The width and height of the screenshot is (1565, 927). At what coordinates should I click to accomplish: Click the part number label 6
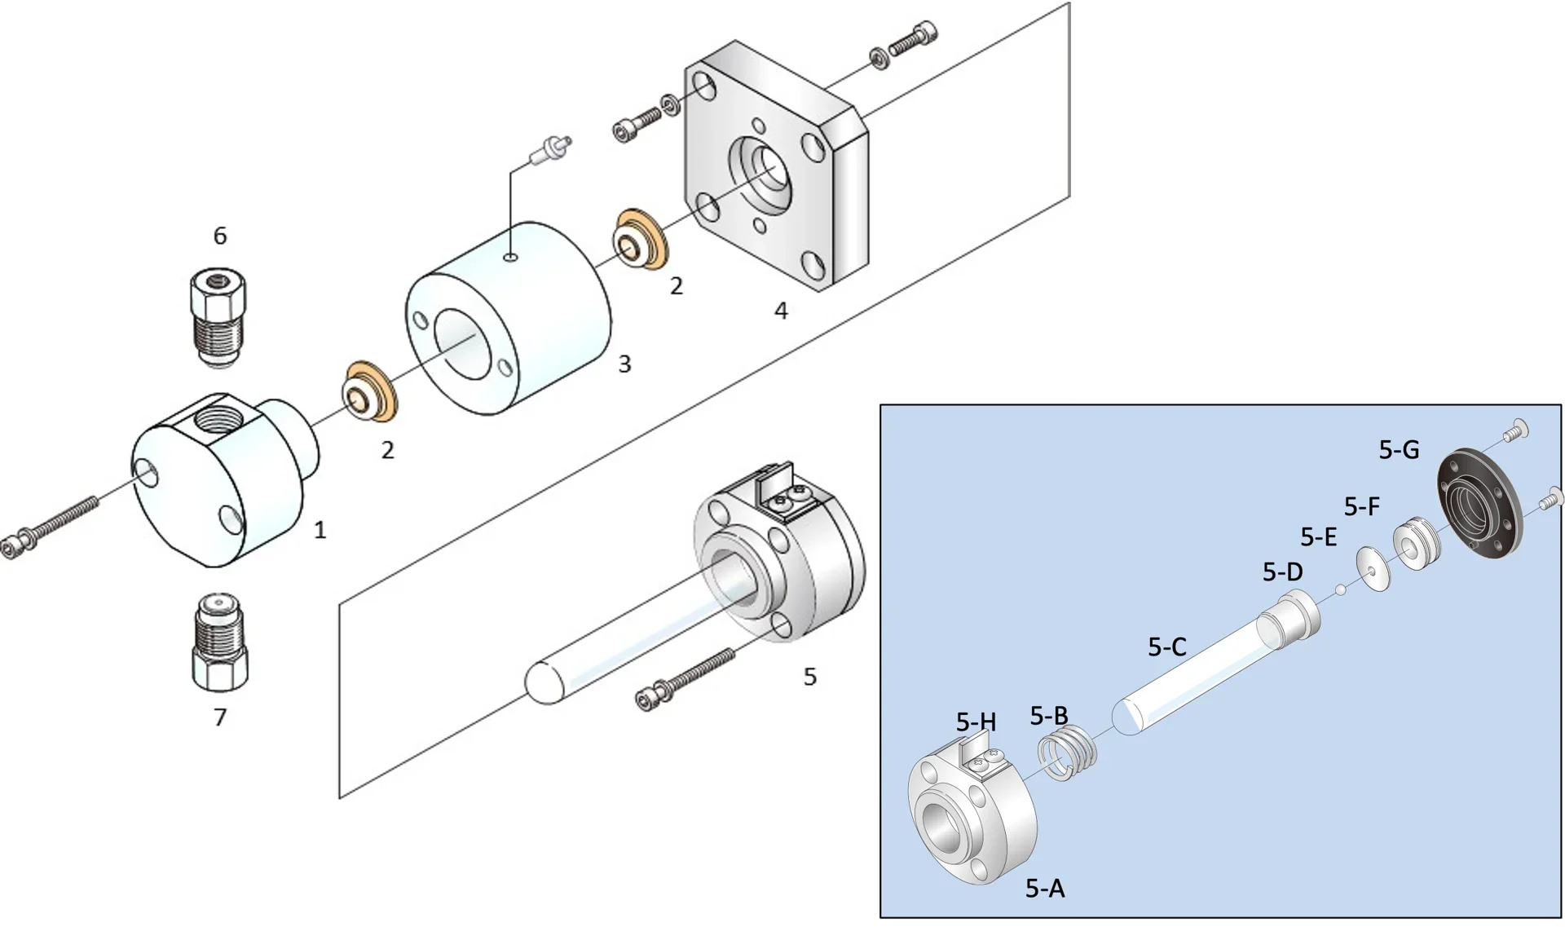pyautogui.click(x=220, y=236)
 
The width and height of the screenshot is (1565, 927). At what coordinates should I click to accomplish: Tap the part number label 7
pyautogui.click(x=220, y=717)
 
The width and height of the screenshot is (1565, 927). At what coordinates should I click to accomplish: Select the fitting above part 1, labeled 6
pyautogui.click(x=218, y=318)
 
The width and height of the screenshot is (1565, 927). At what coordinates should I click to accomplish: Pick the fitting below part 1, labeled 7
pyautogui.click(x=220, y=640)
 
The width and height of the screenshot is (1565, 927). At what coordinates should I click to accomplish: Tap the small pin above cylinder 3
pyautogui.click(x=552, y=150)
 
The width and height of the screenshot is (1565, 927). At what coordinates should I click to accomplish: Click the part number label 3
pyautogui.click(x=624, y=364)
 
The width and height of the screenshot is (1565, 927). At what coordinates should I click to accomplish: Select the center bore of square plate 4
pyautogui.click(x=767, y=170)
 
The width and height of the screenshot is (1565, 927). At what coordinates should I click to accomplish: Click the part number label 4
pyautogui.click(x=781, y=311)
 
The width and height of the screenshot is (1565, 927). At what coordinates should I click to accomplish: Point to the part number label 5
pyautogui.click(x=809, y=677)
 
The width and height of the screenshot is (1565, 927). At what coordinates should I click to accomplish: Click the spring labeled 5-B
pyautogui.click(x=1069, y=753)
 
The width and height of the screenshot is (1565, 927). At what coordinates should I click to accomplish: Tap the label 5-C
pyautogui.click(x=1166, y=647)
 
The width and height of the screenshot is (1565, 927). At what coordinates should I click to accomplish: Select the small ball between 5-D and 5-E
pyautogui.click(x=1341, y=589)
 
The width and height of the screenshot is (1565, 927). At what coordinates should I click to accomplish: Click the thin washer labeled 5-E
pyautogui.click(x=1374, y=567)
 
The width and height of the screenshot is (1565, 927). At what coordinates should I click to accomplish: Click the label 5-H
pyautogui.click(x=976, y=722)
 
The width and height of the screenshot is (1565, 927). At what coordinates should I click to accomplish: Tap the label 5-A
pyautogui.click(x=1045, y=889)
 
